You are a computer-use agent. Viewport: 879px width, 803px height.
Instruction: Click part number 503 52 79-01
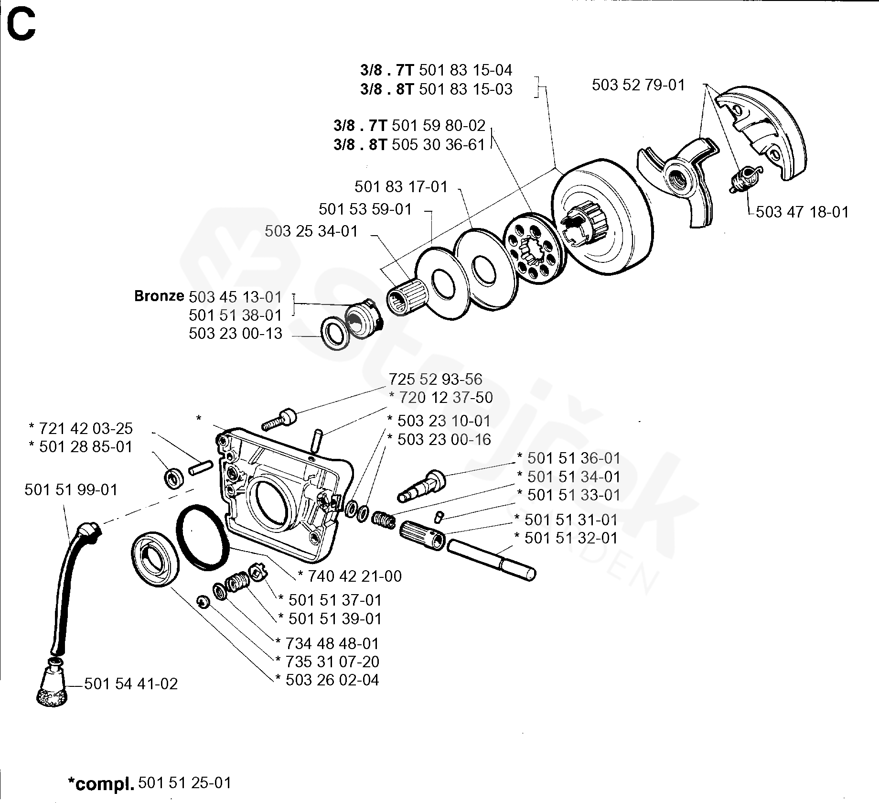pyautogui.click(x=638, y=85)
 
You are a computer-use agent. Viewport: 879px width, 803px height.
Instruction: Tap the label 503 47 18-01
pyautogui.click(x=802, y=212)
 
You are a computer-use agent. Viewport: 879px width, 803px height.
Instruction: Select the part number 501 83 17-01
pyautogui.click(x=401, y=186)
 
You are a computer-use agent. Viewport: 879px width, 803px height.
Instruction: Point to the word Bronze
pyautogui.click(x=159, y=296)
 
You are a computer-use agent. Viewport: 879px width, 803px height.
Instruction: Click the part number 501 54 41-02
pyautogui.click(x=131, y=684)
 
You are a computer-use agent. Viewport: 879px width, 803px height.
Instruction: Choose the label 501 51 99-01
pyautogui.click(x=71, y=490)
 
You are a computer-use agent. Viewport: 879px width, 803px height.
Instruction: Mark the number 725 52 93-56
pyautogui.click(x=435, y=379)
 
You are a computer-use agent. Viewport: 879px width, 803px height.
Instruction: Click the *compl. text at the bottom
pyautogui.click(x=100, y=783)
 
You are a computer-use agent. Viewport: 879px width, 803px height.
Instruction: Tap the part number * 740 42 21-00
pyautogui.click(x=349, y=576)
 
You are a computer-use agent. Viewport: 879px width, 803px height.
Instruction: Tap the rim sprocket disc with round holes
pyautogui.click(x=533, y=247)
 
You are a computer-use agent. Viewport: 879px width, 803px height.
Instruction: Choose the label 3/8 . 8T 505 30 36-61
pyautogui.click(x=409, y=144)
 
